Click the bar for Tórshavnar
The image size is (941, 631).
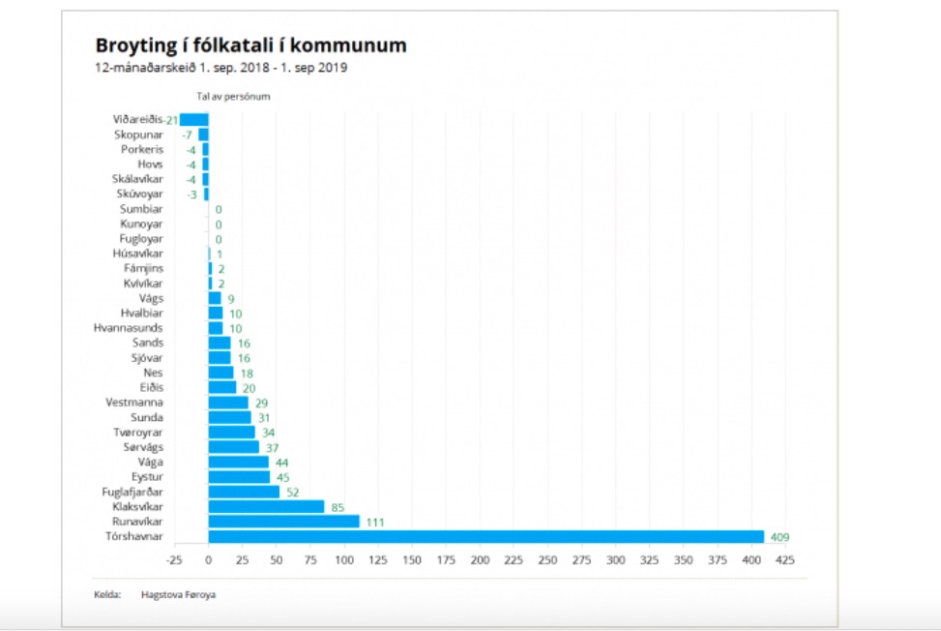click(485, 536)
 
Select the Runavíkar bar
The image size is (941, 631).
click(283, 522)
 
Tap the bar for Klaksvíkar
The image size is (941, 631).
click(266, 506)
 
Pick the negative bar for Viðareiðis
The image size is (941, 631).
click(194, 120)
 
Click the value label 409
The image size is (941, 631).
click(780, 536)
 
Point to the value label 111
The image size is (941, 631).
click(375, 522)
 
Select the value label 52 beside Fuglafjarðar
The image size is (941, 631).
click(292, 492)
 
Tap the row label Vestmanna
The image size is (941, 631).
click(134, 403)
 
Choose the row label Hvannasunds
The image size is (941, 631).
click(129, 328)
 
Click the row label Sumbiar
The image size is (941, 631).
click(141, 209)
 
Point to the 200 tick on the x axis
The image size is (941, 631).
click(480, 560)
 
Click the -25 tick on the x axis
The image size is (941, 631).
click(174, 560)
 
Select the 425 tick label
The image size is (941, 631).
click(785, 560)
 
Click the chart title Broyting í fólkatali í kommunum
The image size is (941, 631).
click(250, 45)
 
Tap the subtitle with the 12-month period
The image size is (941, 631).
click(221, 68)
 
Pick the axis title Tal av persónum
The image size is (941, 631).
click(233, 97)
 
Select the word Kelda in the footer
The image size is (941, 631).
click(107, 594)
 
